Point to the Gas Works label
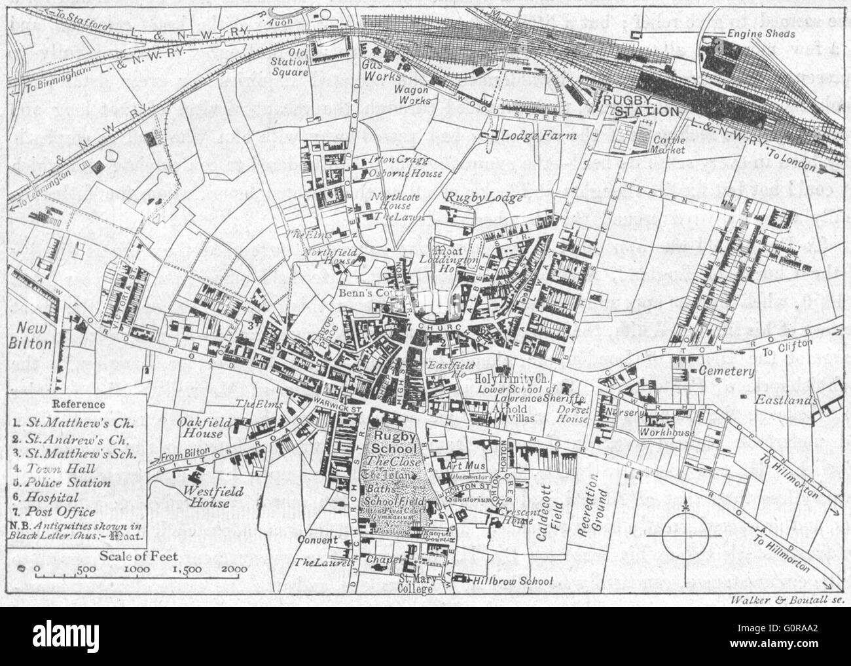coord(380,82)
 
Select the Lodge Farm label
coord(530,136)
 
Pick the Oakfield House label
coord(204,429)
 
